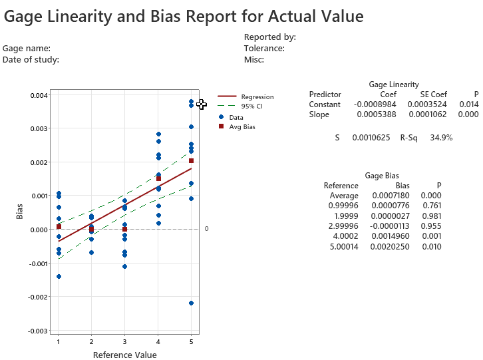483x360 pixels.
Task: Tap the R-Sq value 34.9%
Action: point(441,138)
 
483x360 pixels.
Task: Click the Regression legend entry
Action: point(257,97)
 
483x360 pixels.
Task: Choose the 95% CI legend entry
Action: point(251,106)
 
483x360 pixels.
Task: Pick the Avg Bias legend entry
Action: point(241,126)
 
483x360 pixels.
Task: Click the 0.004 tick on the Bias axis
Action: point(39,95)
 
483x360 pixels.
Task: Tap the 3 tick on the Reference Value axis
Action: point(124,342)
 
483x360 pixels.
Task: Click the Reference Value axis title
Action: point(125,355)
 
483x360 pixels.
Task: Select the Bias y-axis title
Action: point(20,212)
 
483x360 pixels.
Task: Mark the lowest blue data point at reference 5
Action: point(191,303)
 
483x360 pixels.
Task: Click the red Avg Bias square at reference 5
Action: point(191,160)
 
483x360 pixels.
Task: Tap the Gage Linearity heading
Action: point(394,85)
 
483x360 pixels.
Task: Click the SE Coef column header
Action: point(434,94)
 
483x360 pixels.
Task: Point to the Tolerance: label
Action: point(264,48)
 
